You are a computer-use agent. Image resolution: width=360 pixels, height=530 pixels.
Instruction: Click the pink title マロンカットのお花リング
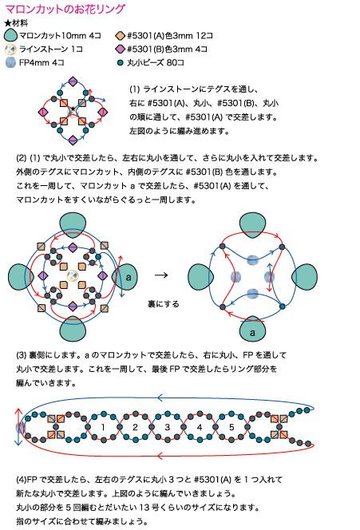tap(65, 9)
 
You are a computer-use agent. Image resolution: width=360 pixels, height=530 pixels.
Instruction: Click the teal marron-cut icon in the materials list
tap(10, 35)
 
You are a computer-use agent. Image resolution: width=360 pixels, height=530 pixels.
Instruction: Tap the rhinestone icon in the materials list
tap(11, 49)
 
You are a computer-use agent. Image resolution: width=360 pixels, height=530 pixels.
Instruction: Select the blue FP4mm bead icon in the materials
tap(11, 62)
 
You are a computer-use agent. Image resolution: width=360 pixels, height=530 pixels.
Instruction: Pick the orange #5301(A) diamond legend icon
tap(120, 36)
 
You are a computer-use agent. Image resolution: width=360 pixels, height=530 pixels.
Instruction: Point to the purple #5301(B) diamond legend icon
tap(120, 49)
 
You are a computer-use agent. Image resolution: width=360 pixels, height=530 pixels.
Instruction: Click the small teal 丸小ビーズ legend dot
tap(120, 63)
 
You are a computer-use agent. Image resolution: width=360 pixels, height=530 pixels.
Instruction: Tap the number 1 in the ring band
tap(103, 427)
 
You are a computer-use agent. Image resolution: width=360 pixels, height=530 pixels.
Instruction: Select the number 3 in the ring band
tap(168, 427)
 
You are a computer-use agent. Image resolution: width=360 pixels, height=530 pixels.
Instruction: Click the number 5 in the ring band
tap(231, 427)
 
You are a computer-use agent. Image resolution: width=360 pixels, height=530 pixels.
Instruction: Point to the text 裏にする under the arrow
tap(164, 304)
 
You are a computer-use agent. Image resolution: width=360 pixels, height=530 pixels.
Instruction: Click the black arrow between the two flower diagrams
tap(161, 275)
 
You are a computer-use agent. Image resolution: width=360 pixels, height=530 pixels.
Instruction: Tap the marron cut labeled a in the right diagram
tap(252, 329)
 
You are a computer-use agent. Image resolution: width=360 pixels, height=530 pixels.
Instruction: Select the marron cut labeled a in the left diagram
tap(125, 277)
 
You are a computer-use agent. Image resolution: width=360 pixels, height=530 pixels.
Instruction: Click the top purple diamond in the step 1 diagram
tap(73, 81)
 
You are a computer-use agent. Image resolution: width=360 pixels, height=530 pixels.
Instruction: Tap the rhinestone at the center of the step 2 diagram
tap(73, 276)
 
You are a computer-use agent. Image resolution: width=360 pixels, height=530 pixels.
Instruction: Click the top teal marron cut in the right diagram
tap(252, 225)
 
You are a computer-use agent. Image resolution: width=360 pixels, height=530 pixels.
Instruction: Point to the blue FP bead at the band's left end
tap(20, 428)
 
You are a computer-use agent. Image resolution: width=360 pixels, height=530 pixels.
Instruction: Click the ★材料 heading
tap(16, 23)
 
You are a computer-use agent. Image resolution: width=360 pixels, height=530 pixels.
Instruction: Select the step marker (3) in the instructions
tap(21, 355)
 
